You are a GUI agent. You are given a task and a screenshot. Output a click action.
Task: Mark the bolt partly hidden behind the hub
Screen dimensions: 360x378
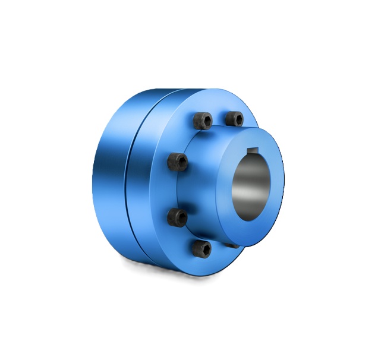point(234,244)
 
